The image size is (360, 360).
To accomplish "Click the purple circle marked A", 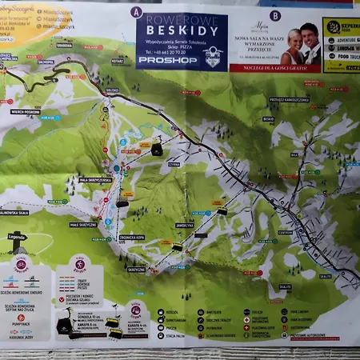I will click(x=136, y=12).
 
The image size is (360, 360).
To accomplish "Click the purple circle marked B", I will click(x=274, y=14).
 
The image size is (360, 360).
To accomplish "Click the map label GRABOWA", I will click(x=65, y=46).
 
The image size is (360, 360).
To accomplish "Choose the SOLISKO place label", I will click(x=111, y=90).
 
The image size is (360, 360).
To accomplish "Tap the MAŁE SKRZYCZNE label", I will click(x=83, y=225).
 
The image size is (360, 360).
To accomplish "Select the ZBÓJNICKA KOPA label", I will click(x=131, y=238).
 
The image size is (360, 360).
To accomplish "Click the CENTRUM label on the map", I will click(x=286, y=233).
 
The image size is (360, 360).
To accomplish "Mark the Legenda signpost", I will click(x=18, y=237).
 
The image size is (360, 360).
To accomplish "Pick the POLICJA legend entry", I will click(x=258, y=313).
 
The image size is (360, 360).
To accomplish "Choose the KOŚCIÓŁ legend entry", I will click(x=172, y=313).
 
